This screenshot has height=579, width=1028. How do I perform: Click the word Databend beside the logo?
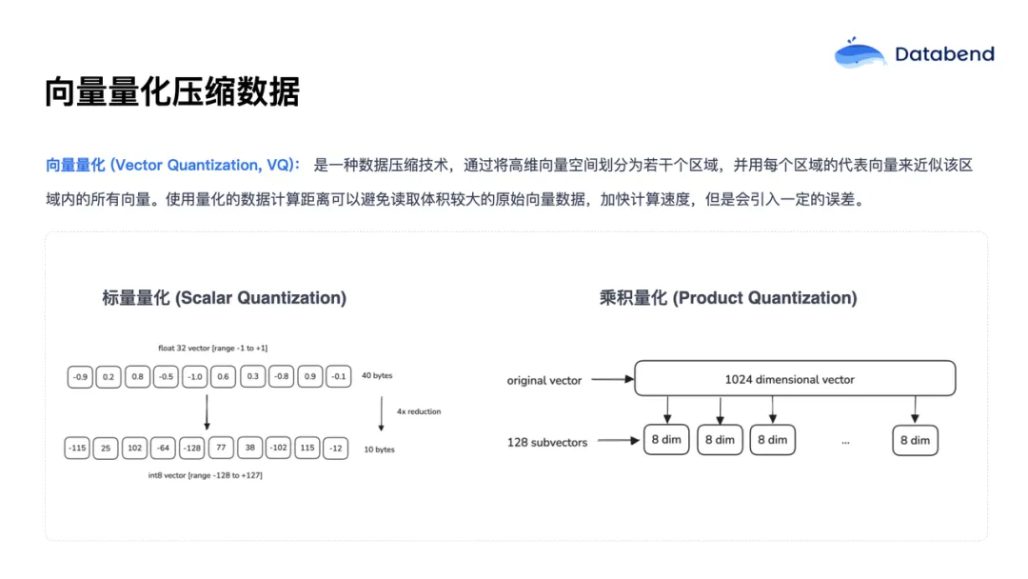943,54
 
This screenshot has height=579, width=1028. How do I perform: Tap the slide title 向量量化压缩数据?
172,92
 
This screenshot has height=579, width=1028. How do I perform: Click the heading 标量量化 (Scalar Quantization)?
225,298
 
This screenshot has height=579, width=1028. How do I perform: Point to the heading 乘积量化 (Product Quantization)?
728,298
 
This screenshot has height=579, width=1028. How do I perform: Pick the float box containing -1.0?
195,377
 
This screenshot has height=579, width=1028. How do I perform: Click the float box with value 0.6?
224,377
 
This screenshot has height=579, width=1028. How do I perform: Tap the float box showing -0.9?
80,377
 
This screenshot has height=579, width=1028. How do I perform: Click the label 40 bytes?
377,376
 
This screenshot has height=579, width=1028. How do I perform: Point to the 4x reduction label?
419,411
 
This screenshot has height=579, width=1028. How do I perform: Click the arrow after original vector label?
612,380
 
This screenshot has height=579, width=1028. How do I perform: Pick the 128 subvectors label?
547,442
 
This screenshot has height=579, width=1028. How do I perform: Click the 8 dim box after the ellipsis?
915,440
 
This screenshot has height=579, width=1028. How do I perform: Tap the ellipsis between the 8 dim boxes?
845,441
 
